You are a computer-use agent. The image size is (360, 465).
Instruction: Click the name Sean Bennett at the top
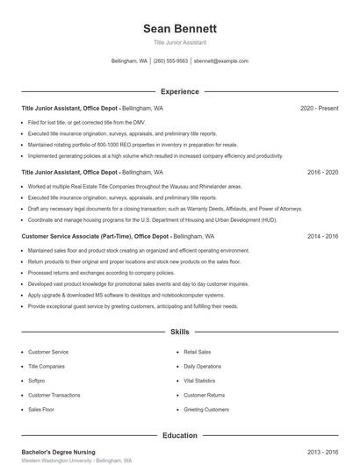tap(179, 29)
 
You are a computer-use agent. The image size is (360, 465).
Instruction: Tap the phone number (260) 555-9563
tap(170, 61)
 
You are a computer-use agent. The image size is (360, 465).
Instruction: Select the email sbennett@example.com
tap(221, 61)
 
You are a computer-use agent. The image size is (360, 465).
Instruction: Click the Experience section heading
tap(179, 91)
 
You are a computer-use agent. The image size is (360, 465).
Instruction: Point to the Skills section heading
tap(179, 333)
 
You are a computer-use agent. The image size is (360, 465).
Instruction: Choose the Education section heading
tap(179, 435)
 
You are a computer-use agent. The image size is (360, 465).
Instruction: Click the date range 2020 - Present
tap(319, 108)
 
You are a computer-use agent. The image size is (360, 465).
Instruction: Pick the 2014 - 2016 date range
tap(323, 237)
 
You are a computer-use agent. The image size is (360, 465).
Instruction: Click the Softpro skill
tap(38, 381)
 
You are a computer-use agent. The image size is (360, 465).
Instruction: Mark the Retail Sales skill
tap(198, 352)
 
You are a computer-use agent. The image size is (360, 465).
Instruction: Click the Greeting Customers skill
tap(206, 410)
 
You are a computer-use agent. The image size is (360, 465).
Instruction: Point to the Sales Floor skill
tap(41, 410)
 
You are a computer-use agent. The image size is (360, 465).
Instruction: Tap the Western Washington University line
tap(76, 461)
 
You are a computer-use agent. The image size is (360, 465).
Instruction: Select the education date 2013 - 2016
tap(323, 451)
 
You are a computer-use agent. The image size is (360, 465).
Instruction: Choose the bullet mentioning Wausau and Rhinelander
tap(134, 187)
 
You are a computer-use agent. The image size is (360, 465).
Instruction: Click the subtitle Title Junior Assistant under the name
tap(179, 42)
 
